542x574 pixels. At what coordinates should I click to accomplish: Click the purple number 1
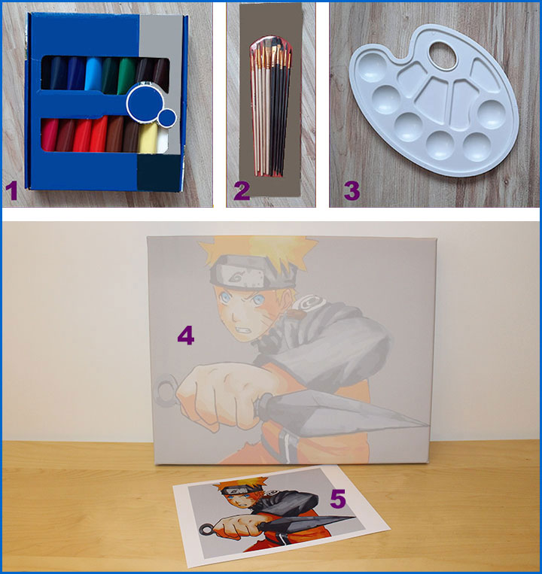click(12, 191)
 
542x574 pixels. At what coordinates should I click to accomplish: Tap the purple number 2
click(242, 191)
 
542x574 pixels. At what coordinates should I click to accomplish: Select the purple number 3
click(352, 191)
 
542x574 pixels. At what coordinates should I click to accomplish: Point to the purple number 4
click(186, 336)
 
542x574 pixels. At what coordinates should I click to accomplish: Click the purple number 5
click(338, 499)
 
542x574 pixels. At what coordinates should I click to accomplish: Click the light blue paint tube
click(93, 73)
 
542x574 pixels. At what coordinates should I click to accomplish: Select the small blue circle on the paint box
click(168, 118)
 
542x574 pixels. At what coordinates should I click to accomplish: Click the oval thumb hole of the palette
click(443, 56)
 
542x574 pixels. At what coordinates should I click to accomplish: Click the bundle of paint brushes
click(271, 106)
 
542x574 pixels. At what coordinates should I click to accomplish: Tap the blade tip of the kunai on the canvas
click(428, 425)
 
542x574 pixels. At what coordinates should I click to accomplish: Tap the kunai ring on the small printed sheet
click(206, 529)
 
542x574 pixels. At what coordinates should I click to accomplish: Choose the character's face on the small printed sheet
click(241, 502)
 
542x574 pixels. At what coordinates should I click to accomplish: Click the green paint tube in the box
click(126, 74)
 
